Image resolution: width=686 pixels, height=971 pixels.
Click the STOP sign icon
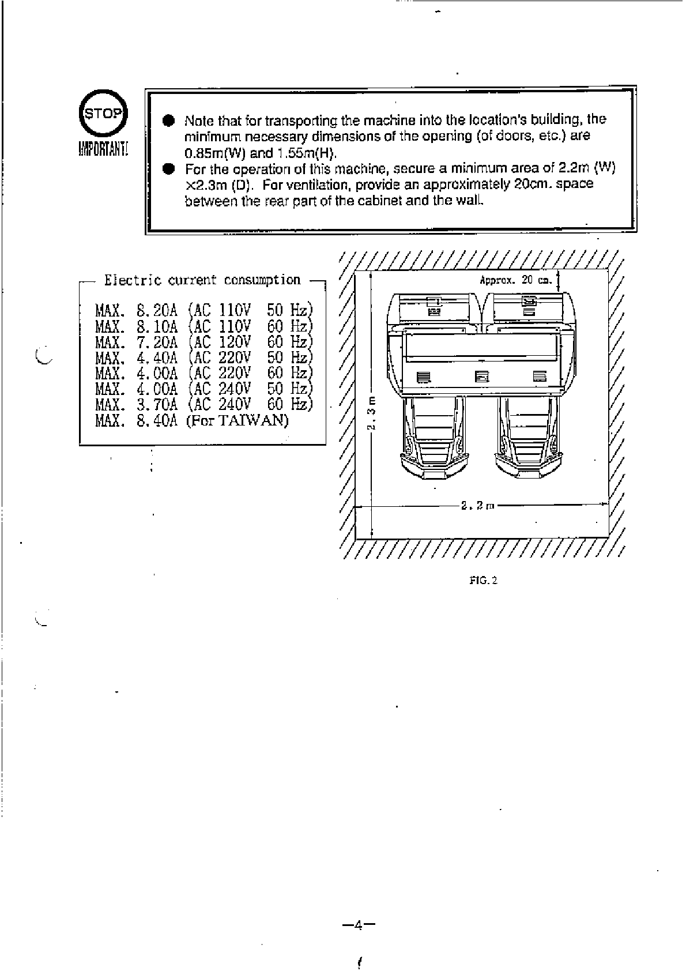[104, 112]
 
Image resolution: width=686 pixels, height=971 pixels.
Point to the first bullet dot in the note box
[168, 121]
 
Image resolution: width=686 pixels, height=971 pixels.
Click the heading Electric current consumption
[202, 280]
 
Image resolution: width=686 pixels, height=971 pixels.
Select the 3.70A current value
[157, 404]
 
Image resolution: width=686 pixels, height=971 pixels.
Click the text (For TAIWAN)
[237, 420]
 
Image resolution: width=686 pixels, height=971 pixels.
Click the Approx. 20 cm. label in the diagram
[515, 280]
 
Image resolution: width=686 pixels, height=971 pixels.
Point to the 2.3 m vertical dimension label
[373, 413]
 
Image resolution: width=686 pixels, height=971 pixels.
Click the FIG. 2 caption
[483, 580]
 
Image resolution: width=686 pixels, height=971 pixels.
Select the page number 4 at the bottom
[358, 925]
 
